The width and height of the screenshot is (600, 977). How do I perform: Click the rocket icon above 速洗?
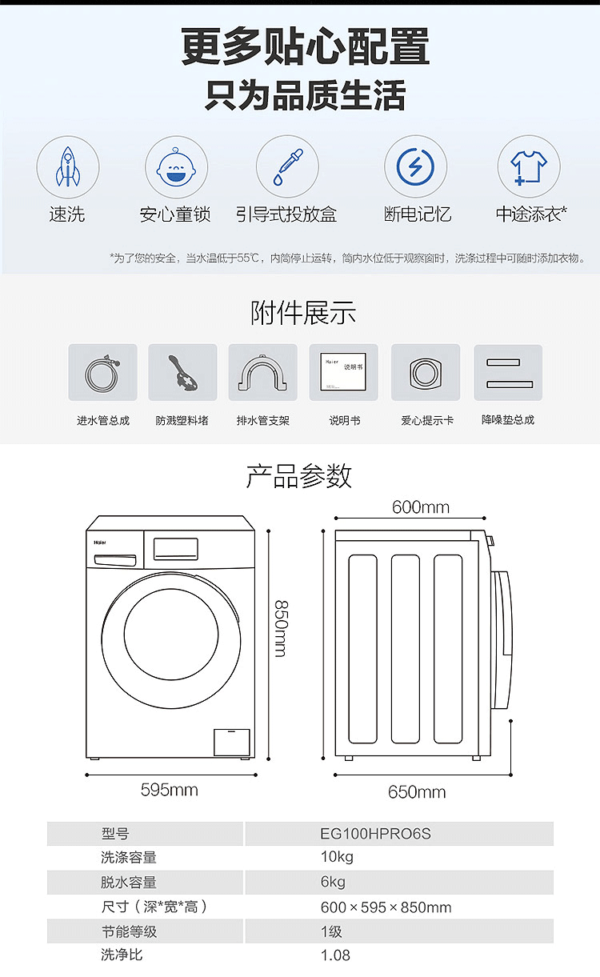tap(67, 166)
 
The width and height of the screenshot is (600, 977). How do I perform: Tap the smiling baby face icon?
tap(176, 167)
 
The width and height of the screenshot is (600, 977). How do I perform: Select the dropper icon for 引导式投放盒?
tap(288, 167)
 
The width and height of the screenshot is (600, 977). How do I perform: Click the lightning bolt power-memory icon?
tap(415, 166)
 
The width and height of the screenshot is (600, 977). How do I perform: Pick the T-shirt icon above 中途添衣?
tap(529, 167)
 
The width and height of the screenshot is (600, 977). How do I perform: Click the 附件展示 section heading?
tap(303, 313)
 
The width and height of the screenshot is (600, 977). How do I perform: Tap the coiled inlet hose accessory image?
tap(102, 372)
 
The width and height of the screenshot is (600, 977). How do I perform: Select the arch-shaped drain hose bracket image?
tap(263, 372)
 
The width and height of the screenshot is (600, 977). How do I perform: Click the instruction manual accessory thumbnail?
tap(344, 372)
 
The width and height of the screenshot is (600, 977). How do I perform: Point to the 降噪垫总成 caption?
tap(508, 420)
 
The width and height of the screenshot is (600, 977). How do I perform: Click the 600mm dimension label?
tap(420, 507)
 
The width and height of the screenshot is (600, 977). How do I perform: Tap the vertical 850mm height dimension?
tap(282, 629)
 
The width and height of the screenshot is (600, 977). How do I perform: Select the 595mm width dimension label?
tap(169, 790)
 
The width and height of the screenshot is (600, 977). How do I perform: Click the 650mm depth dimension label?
tap(417, 792)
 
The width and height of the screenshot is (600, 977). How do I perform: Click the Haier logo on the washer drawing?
tap(100, 543)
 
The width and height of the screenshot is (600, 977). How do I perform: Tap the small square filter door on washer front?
tap(231, 742)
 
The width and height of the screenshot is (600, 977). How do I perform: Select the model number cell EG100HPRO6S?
tap(375, 834)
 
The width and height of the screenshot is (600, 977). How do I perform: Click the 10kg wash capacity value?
tap(337, 857)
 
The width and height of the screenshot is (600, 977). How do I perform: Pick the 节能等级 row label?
tap(129, 931)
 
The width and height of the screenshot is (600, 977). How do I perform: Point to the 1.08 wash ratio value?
tap(335, 955)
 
